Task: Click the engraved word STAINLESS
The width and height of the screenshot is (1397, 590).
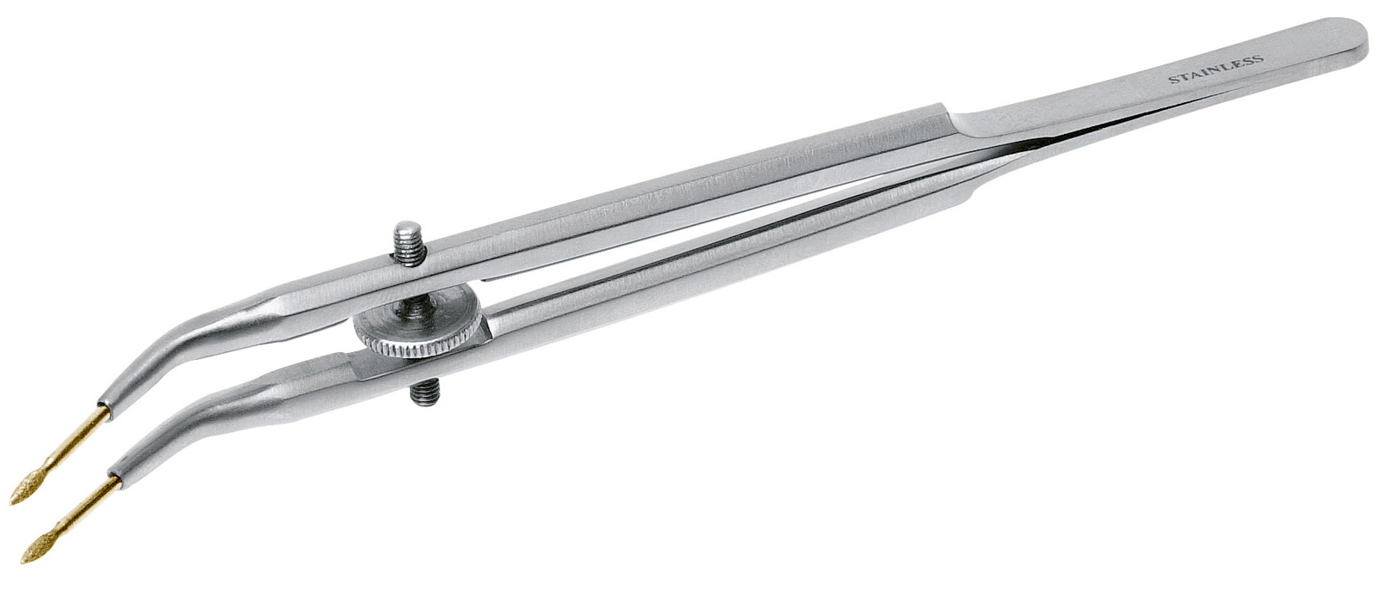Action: tap(1216, 70)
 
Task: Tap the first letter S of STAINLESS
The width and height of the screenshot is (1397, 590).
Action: tap(1172, 81)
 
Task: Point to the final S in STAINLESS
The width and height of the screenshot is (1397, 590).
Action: tap(1260, 58)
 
